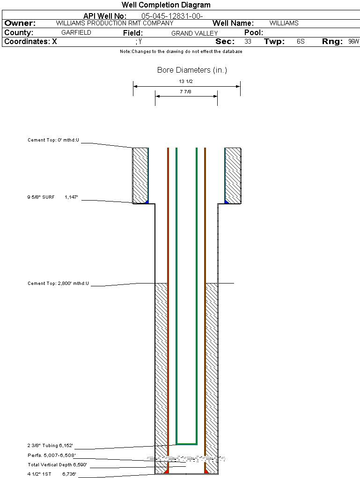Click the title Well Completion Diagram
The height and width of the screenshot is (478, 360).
pos(166,5)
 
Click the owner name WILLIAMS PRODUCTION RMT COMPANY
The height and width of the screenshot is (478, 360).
pos(114,23)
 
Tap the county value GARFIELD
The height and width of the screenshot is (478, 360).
pos(76,33)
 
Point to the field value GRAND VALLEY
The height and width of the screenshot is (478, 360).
pos(194,33)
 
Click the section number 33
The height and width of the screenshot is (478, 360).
pos(248,42)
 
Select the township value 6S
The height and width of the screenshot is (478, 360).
pos(301,42)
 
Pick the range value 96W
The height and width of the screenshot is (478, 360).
pos(353,42)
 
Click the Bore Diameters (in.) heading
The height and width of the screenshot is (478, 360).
pos(192,70)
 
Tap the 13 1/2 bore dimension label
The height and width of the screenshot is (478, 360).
pos(186,82)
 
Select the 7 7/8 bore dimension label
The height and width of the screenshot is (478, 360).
pos(185,92)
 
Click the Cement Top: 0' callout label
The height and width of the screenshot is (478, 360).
pos(54,140)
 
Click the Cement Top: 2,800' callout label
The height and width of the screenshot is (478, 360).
pos(58,284)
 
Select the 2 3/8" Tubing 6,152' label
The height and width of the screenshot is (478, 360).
pos(51,445)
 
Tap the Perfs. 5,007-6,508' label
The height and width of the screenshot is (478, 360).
pos(51,455)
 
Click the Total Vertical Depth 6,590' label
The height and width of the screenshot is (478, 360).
pos(58,465)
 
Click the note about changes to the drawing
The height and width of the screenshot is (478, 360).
pos(181,52)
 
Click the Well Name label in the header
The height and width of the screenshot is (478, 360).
pos(233,23)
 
